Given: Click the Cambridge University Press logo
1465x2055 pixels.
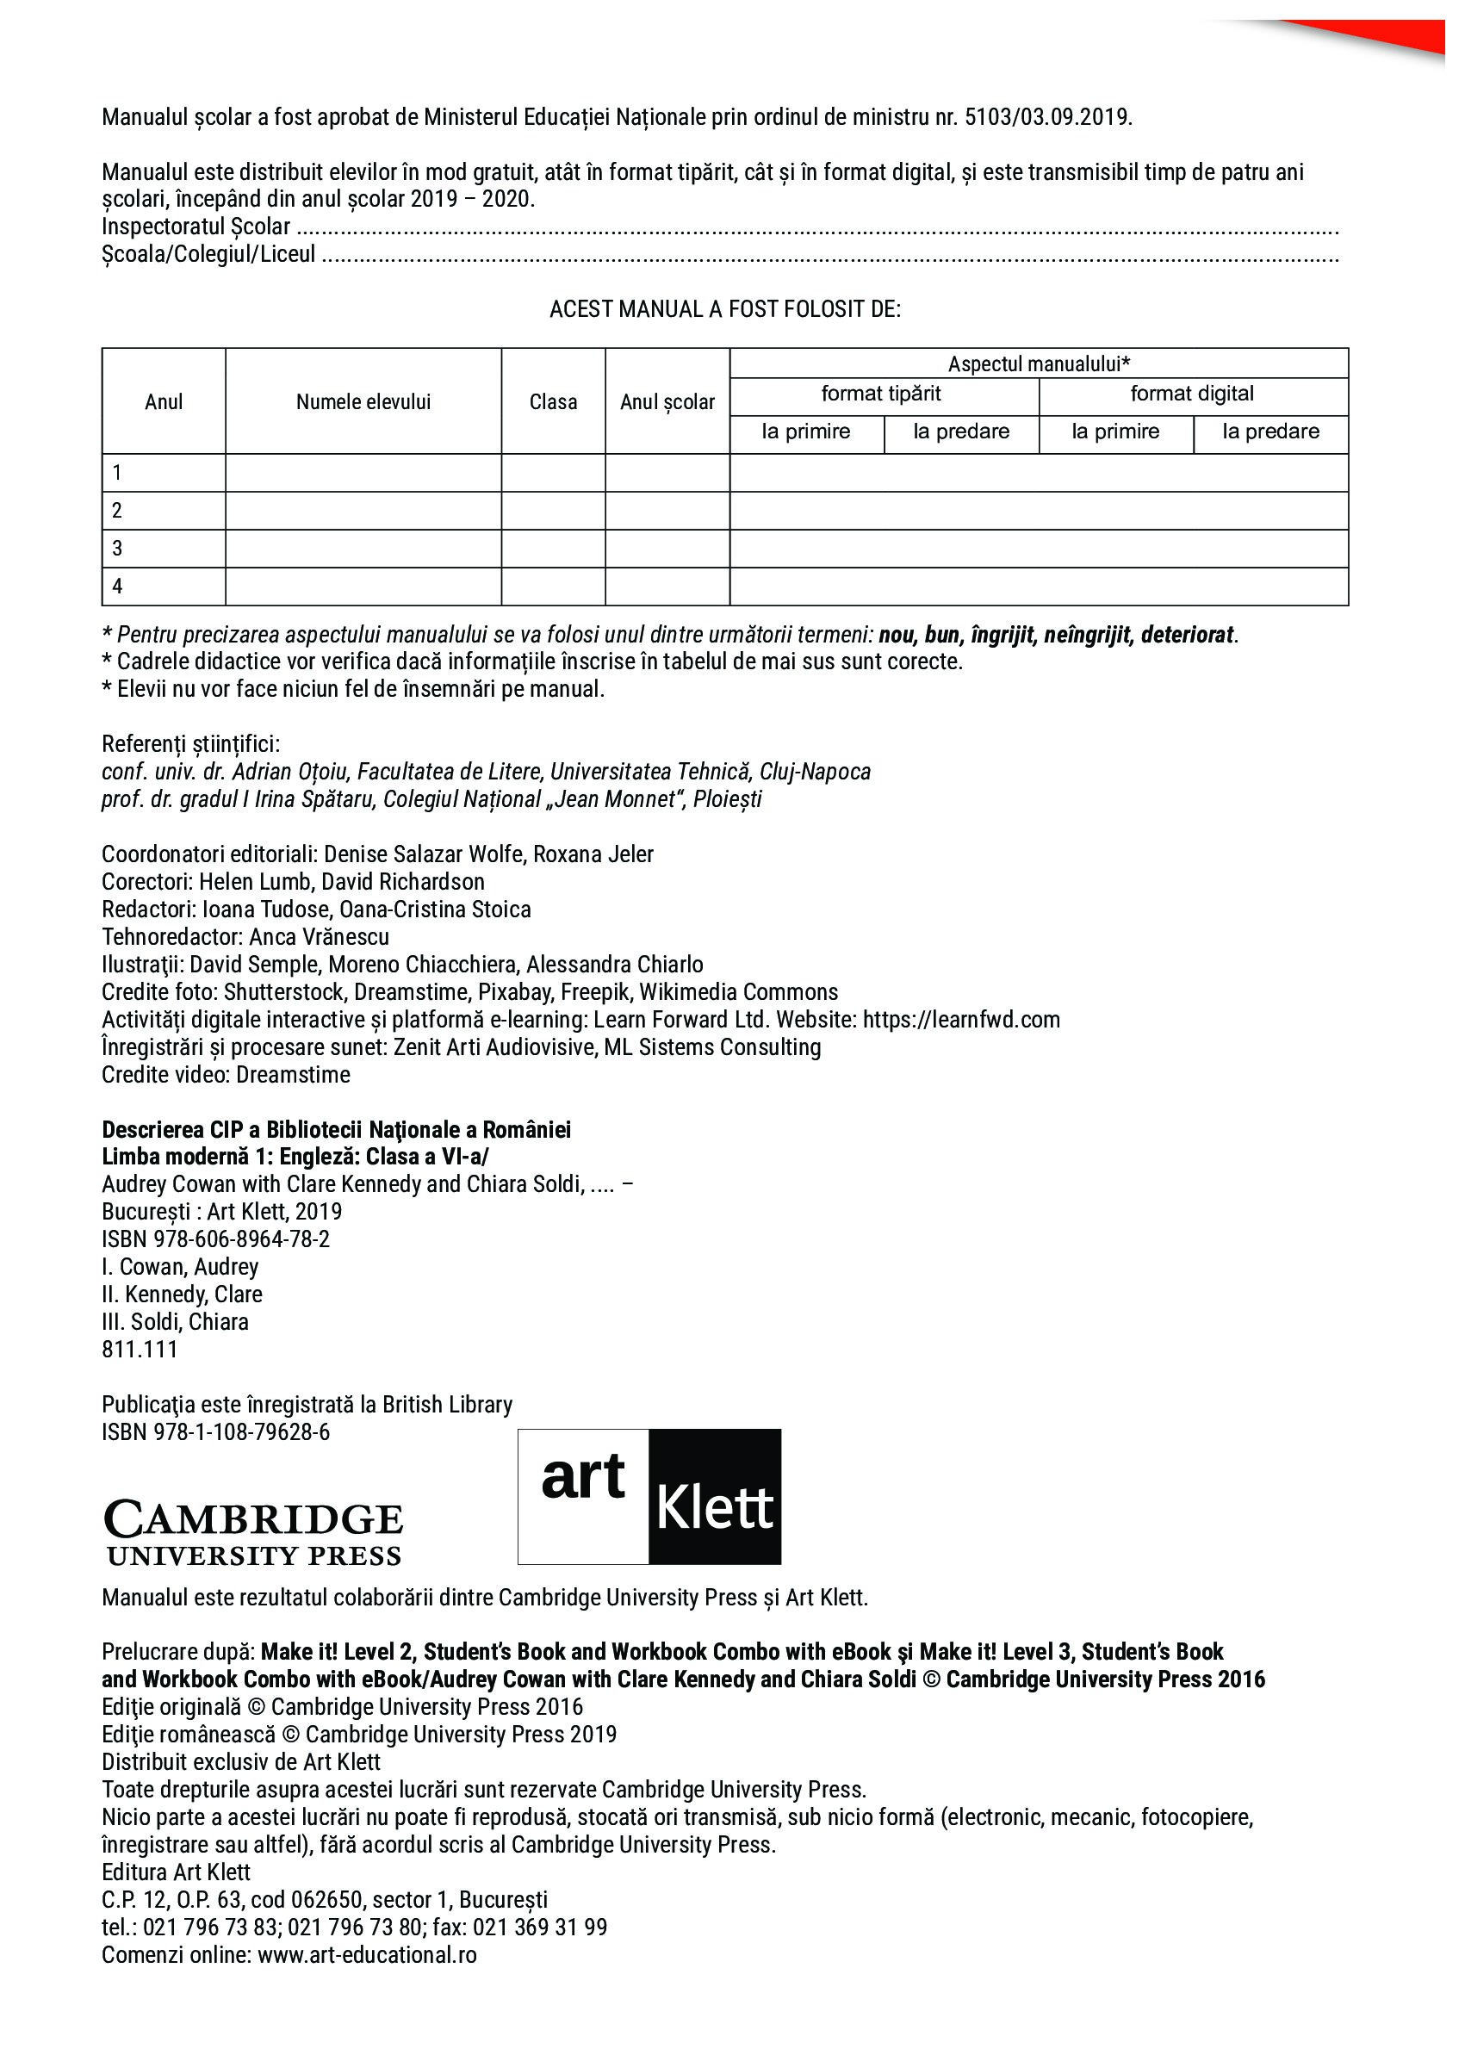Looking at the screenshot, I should click(253, 1535).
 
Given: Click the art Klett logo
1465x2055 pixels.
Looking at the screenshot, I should click(649, 1499).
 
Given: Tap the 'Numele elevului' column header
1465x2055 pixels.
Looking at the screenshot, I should click(363, 402).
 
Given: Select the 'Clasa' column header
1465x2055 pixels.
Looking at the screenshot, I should click(553, 402).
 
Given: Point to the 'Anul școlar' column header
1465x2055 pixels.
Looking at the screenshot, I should click(667, 402).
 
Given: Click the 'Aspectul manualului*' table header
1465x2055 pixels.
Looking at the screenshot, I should click(1039, 363).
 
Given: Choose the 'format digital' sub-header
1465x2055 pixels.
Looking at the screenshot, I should click(1192, 394).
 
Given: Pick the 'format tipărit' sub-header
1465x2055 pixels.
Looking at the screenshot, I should click(880, 394).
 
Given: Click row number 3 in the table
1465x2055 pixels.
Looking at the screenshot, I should click(117, 549).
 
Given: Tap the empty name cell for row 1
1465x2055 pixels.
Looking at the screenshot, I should click(363, 473).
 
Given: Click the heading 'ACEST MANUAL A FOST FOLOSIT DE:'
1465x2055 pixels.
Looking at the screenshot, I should click(724, 309).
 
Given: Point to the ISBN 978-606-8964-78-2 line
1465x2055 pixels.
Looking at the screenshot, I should click(215, 1239).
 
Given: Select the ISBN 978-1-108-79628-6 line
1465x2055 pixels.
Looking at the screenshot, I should click(215, 1432).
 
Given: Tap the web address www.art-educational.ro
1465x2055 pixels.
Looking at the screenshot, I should click(367, 1955).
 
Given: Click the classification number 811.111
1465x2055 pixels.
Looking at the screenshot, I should click(140, 1350).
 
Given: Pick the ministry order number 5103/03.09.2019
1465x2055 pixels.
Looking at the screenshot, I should click(1046, 117).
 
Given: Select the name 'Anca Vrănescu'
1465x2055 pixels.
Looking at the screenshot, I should click(320, 937).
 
